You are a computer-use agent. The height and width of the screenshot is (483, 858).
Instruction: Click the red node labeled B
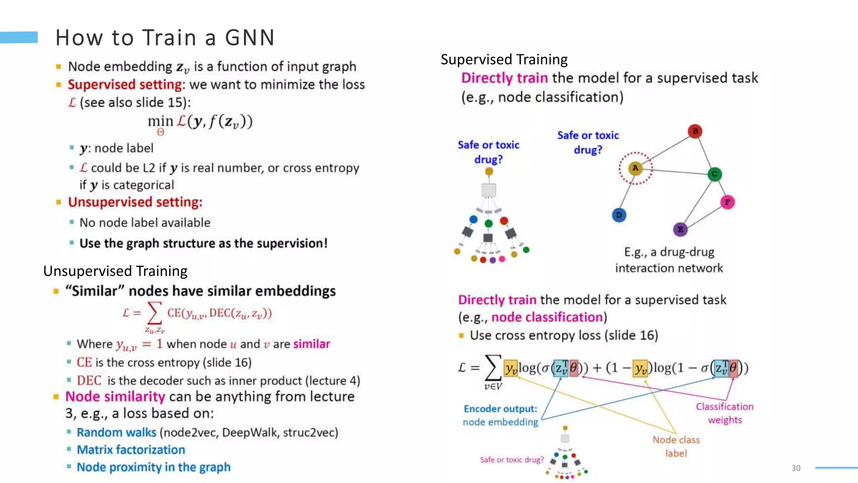[695, 131]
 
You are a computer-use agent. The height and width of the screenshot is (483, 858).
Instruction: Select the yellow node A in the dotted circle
[636, 168]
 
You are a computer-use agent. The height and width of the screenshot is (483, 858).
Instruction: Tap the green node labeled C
[714, 174]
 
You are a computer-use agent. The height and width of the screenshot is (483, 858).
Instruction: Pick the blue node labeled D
[619, 215]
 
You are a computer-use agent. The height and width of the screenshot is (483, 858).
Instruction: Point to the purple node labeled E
[680, 229]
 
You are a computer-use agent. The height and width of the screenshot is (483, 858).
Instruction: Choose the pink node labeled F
[727, 202]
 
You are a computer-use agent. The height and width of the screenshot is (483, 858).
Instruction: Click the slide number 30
[796, 468]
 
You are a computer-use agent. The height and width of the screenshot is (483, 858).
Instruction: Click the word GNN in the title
[250, 38]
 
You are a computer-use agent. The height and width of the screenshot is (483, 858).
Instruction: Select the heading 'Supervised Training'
[504, 60]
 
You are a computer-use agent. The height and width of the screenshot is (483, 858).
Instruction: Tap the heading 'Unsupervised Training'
[115, 271]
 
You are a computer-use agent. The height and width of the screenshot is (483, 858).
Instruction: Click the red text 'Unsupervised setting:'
[135, 202]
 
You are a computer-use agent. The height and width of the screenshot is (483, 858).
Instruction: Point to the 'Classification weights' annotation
[724, 413]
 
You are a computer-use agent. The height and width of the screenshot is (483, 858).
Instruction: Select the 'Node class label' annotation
[676, 446]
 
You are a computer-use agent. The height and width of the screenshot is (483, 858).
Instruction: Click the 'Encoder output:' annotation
[500, 409]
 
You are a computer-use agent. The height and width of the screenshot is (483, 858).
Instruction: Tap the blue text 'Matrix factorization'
[131, 449]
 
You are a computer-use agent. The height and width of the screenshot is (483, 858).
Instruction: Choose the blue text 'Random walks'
[116, 432]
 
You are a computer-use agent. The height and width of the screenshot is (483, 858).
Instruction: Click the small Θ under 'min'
[160, 132]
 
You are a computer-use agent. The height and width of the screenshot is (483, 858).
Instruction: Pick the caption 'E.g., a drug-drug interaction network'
[669, 260]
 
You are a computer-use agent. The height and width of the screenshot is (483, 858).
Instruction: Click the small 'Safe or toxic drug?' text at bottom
[512, 460]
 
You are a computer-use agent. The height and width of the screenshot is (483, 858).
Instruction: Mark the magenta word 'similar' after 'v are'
[312, 344]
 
